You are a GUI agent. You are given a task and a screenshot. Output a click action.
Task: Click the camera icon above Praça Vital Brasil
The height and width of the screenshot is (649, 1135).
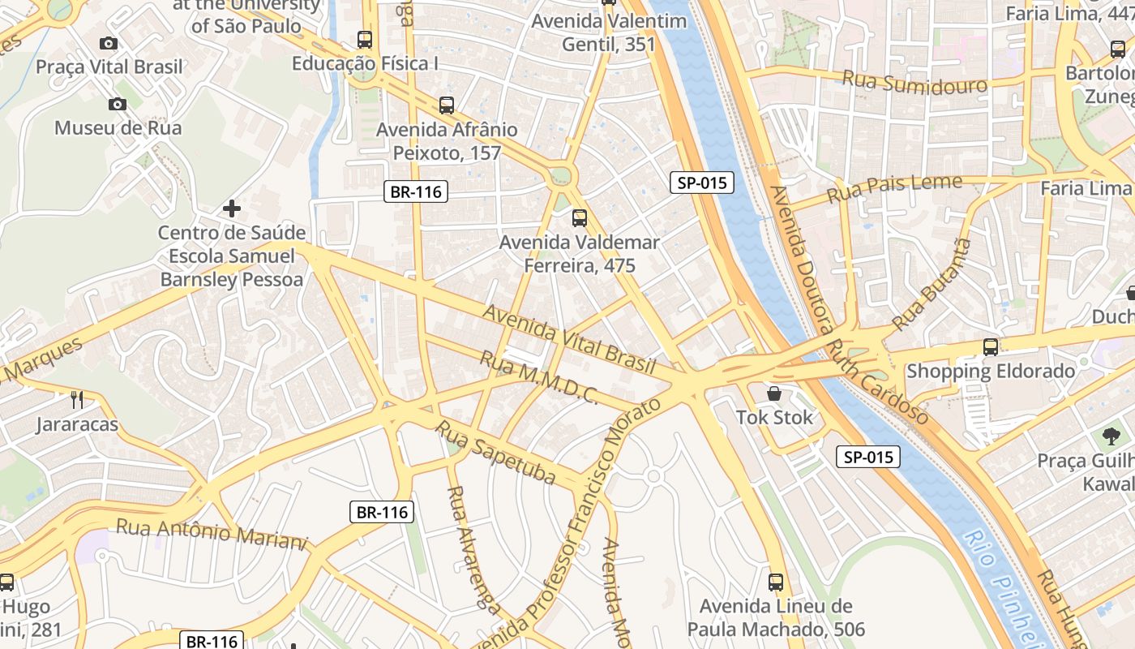tap(109, 43)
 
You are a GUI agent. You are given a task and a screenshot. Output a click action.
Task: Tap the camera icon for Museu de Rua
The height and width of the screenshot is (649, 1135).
tap(118, 104)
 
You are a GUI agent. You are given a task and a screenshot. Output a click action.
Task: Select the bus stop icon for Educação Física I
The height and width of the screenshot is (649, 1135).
tap(365, 39)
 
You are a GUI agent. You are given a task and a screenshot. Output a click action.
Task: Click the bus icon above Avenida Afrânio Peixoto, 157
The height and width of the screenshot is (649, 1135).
tap(447, 105)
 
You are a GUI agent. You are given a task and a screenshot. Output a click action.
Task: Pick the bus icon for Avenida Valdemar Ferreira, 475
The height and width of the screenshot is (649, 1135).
tap(579, 217)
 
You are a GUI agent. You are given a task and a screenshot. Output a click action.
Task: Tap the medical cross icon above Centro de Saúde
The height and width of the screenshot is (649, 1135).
tap(232, 208)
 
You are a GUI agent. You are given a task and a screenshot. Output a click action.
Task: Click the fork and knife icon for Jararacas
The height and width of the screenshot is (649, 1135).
tap(77, 399)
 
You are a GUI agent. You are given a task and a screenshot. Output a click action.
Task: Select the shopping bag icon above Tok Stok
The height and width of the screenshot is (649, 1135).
tap(774, 393)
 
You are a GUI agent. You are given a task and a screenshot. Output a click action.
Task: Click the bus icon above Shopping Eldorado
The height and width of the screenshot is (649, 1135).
tap(991, 347)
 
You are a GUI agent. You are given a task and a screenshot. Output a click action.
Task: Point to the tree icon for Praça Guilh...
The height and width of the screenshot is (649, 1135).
tap(1111, 436)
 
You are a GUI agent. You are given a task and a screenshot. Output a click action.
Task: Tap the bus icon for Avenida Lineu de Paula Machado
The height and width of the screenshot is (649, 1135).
tap(776, 582)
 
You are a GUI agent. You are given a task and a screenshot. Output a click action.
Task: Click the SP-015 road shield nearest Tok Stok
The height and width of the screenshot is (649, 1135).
tap(868, 457)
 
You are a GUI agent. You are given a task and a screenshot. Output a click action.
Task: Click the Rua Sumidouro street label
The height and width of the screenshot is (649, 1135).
tap(914, 82)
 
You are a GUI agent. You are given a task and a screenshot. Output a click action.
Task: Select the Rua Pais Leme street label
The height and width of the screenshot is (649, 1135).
tap(894, 190)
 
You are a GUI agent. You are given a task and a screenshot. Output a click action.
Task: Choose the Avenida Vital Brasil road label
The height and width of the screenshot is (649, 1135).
tap(568, 339)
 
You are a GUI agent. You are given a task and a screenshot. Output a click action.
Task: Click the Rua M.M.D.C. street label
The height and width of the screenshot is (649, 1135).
tap(539, 378)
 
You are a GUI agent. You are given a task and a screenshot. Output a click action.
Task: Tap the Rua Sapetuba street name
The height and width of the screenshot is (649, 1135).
tap(495, 451)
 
